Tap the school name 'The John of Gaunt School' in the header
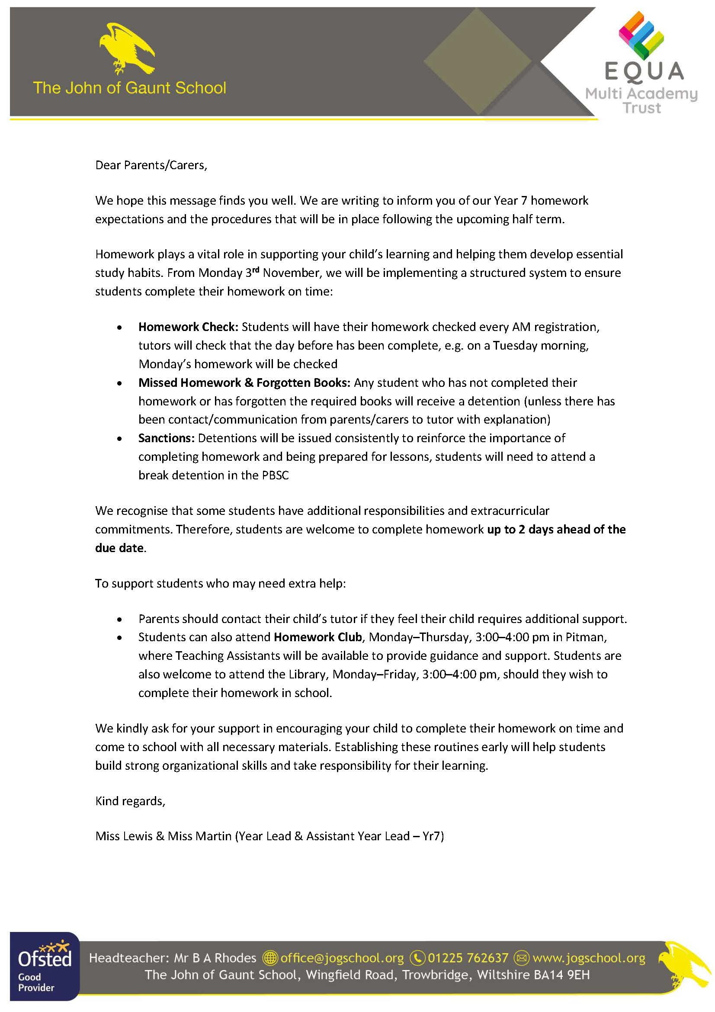(129, 88)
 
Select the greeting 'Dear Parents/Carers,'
(151, 165)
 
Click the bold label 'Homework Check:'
(188, 327)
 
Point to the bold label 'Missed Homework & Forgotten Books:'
(244, 382)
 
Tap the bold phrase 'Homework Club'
(317, 637)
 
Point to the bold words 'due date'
(119, 548)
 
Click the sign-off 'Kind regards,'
(130, 801)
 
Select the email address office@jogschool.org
(341, 958)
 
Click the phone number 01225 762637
(468, 958)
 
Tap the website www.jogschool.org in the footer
(589, 958)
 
